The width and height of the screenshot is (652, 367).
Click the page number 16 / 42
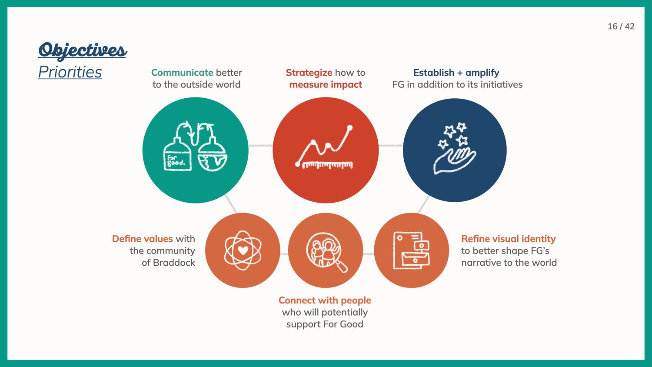(x=621, y=27)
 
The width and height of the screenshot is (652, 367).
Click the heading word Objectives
(x=83, y=50)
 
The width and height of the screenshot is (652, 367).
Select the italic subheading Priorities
(x=70, y=72)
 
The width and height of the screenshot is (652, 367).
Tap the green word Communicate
(x=182, y=73)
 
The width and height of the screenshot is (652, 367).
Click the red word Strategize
(x=309, y=73)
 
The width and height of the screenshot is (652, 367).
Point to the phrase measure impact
(x=326, y=85)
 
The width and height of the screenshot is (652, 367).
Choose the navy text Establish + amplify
(x=456, y=73)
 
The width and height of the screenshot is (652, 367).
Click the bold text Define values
(x=143, y=239)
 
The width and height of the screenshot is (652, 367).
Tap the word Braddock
(x=174, y=263)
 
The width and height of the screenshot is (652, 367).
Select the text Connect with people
(x=325, y=300)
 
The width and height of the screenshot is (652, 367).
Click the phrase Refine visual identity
(x=509, y=239)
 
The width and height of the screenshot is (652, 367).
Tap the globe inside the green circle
(x=213, y=162)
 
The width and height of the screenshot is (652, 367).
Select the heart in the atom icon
(x=243, y=250)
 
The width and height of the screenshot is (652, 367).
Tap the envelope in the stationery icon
(x=416, y=259)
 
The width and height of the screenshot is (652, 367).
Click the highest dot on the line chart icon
(x=350, y=128)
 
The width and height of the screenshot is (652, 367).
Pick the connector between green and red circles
(x=260, y=145)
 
